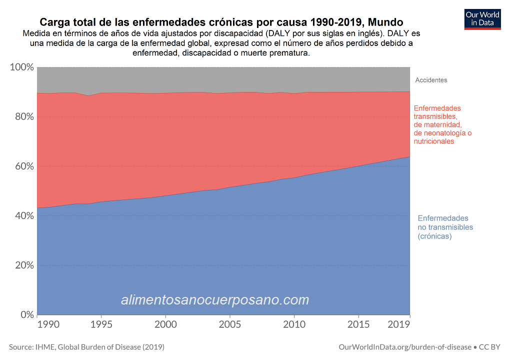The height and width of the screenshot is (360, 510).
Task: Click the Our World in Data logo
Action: coord(482,18)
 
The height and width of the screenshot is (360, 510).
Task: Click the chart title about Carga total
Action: coord(221,22)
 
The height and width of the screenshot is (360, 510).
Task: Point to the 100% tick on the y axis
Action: coord(21,67)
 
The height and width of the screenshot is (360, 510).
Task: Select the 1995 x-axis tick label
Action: coord(101,325)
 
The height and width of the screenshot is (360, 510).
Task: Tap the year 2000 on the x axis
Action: coord(165,325)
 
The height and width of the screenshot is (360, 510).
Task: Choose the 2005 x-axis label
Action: coord(229,325)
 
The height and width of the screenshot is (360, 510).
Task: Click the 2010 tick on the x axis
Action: coord(294,325)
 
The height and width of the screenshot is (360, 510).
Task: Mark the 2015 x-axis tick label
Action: coord(358,325)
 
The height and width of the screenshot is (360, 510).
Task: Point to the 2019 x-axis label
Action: coord(399,325)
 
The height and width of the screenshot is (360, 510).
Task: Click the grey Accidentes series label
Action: coord(431,80)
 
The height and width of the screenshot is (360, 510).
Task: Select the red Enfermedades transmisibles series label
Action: coord(442,124)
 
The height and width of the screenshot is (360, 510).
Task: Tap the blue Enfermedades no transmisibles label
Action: coord(445,227)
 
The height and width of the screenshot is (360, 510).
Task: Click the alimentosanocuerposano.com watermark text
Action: coord(215,300)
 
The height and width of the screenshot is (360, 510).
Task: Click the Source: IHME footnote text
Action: coord(86,346)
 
